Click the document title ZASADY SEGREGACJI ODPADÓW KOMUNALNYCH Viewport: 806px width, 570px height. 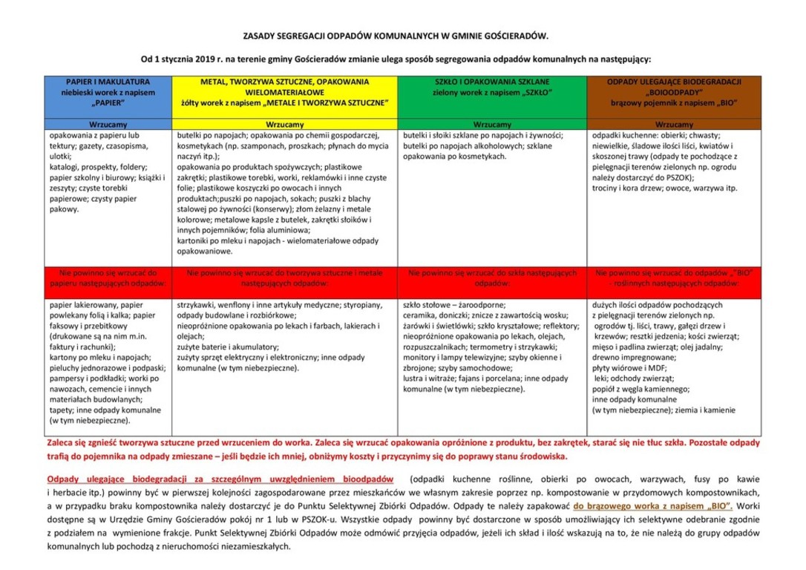pos(396,35)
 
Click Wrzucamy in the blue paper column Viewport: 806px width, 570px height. pos(108,125)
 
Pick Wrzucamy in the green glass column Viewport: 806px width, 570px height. pos(491,125)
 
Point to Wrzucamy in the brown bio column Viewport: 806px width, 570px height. pos(674,125)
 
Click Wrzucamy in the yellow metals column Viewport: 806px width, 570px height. pos(285,125)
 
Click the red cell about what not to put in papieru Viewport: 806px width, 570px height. pos(108,278)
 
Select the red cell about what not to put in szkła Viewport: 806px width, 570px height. pos(491,278)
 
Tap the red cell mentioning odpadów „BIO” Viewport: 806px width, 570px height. pos(674,278)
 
